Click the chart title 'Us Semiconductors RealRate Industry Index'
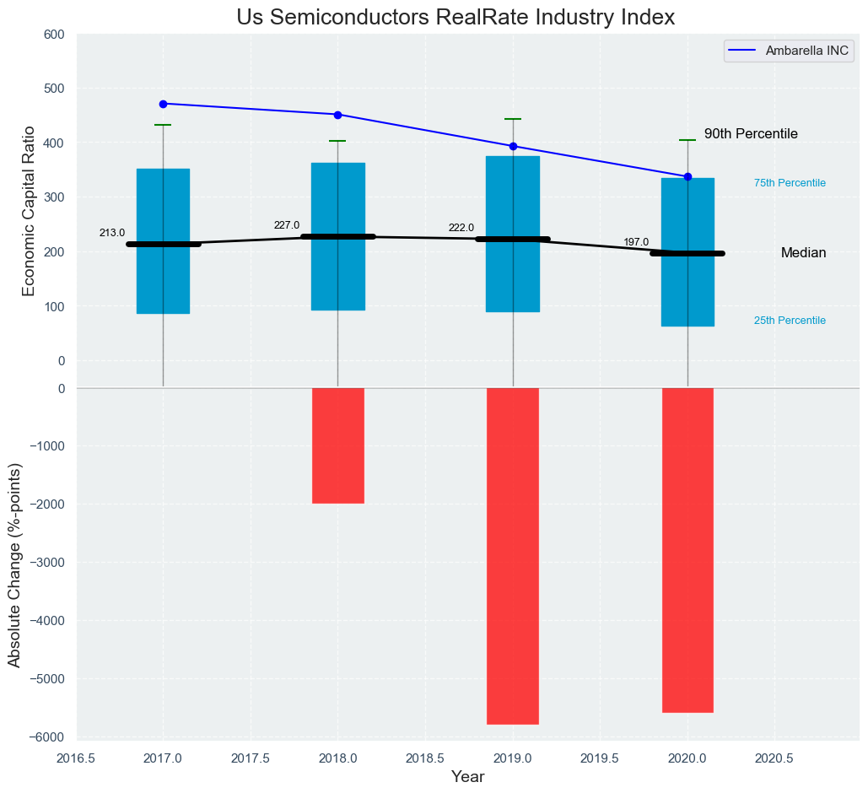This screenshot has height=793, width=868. pos(456,18)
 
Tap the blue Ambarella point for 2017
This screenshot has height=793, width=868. pos(163,104)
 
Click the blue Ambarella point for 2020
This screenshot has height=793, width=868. pos(687,176)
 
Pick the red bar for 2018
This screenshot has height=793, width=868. pos(338,445)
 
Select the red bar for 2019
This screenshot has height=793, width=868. pos(513,555)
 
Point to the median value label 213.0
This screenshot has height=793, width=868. pos(112,233)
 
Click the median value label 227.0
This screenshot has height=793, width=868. pos(287,225)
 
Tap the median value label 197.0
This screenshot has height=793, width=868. pos(636,242)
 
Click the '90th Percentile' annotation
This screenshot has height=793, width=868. pos(751,134)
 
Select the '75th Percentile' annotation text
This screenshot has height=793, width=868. pos(790,183)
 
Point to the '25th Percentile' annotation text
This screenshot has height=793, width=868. pos(790,321)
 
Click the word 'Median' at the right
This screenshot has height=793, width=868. pos(803,253)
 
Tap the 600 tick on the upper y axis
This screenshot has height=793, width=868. pos(54,35)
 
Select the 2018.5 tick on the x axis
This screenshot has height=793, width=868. pos(425,758)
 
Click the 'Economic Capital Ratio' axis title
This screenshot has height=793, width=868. pos(29,210)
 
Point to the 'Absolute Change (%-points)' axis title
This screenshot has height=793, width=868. pos(14,565)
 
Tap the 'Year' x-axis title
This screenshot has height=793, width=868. pos(467,777)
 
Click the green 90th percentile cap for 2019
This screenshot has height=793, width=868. pos(513,119)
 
